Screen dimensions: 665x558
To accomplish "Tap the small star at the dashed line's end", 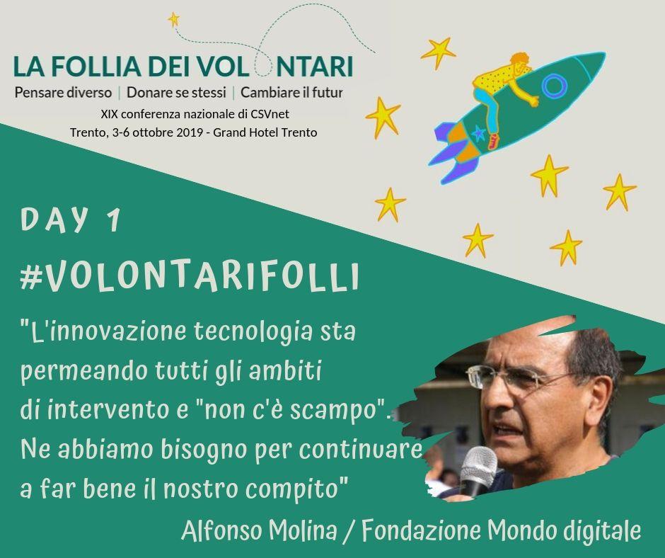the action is click(x=173, y=20).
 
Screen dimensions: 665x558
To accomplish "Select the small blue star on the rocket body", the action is click(x=478, y=134).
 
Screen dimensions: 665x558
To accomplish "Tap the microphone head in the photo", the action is click(x=479, y=464).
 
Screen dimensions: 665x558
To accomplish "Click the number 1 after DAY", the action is click(x=113, y=220).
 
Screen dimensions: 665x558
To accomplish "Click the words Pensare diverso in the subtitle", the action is click(x=63, y=92).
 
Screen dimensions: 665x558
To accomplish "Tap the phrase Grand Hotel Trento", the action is click(x=265, y=132).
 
